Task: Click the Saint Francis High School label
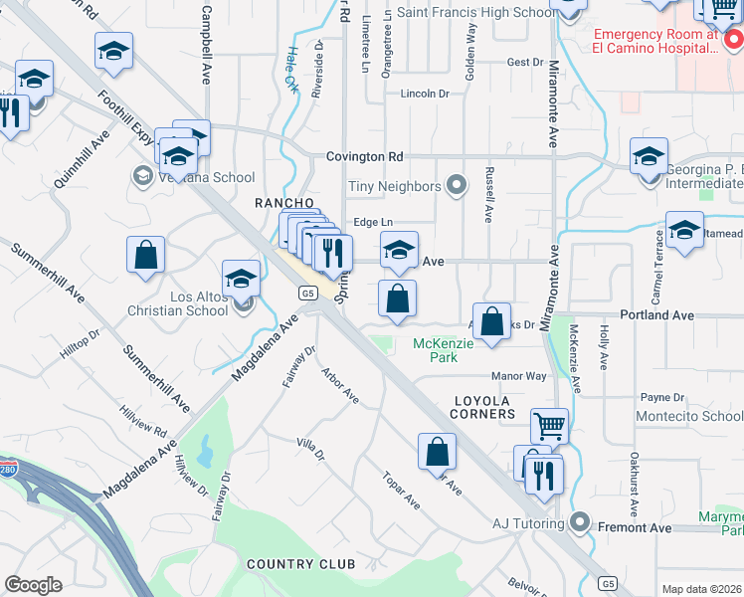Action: (x=476, y=12)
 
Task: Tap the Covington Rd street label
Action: (x=366, y=156)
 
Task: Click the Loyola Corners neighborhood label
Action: (x=484, y=406)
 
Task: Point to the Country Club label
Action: (x=300, y=564)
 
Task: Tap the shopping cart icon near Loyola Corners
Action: (x=549, y=426)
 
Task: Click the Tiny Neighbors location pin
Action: (x=457, y=185)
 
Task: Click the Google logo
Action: (x=33, y=585)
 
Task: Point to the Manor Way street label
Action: (x=520, y=377)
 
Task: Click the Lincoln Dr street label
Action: (x=425, y=94)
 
